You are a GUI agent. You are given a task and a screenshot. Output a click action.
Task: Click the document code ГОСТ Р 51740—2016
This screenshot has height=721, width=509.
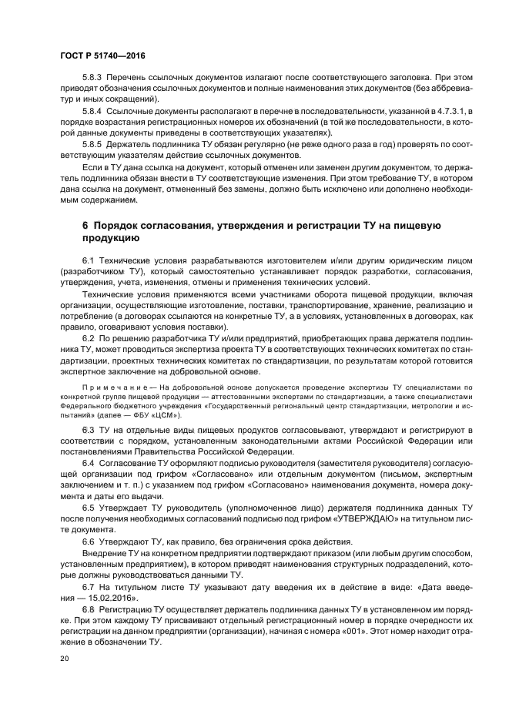(102, 56)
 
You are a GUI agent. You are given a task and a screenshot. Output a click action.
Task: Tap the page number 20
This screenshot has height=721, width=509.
(64, 659)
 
